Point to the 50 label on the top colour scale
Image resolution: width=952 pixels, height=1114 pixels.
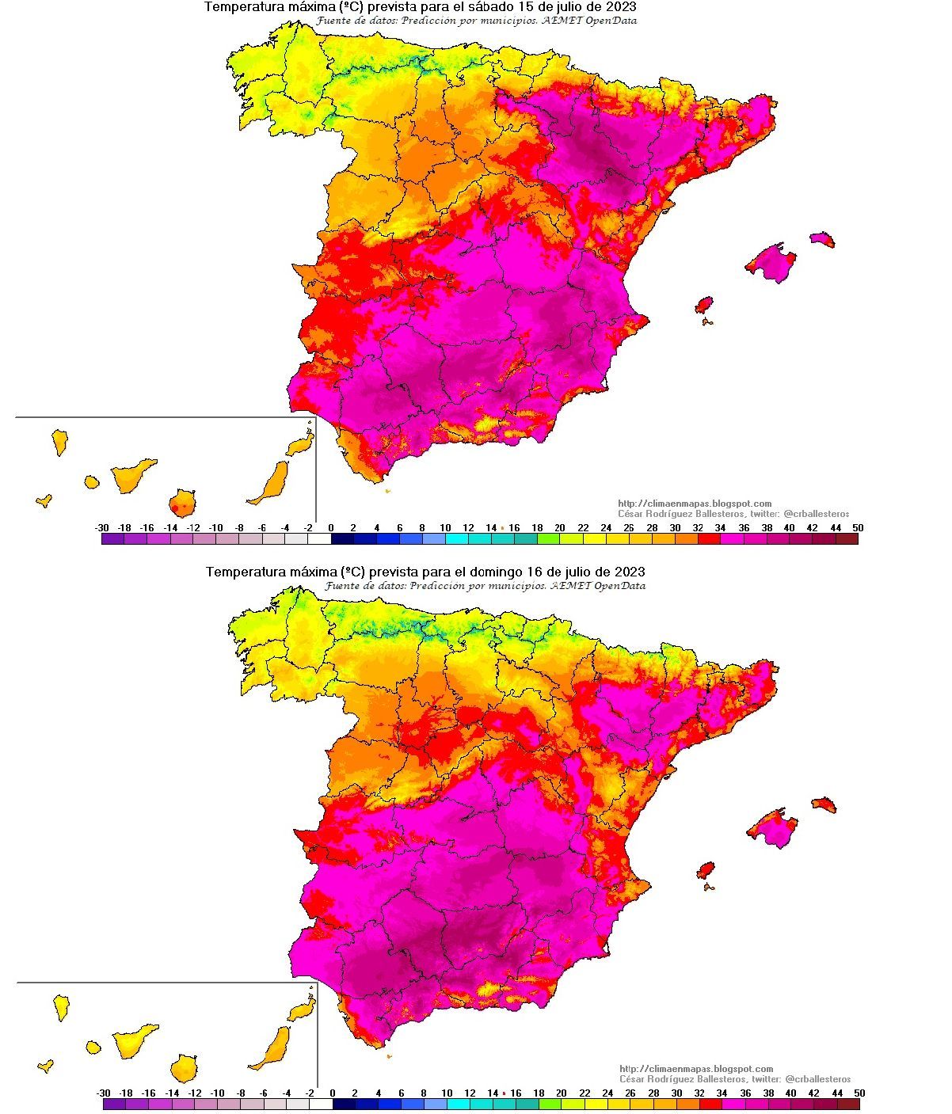click(x=858, y=527)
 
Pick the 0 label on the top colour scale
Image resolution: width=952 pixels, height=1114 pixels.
click(x=331, y=527)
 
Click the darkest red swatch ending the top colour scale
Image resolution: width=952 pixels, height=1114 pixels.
click(x=847, y=539)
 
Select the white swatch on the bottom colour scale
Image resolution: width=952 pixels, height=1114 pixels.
click(x=321, y=1104)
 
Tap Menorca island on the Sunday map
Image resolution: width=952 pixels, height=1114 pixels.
click(x=824, y=804)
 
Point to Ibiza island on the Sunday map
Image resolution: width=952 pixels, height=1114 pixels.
click(x=705, y=871)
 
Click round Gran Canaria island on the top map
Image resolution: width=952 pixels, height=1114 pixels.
click(x=182, y=502)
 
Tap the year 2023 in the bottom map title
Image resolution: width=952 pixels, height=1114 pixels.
click(x=628, y=572)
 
